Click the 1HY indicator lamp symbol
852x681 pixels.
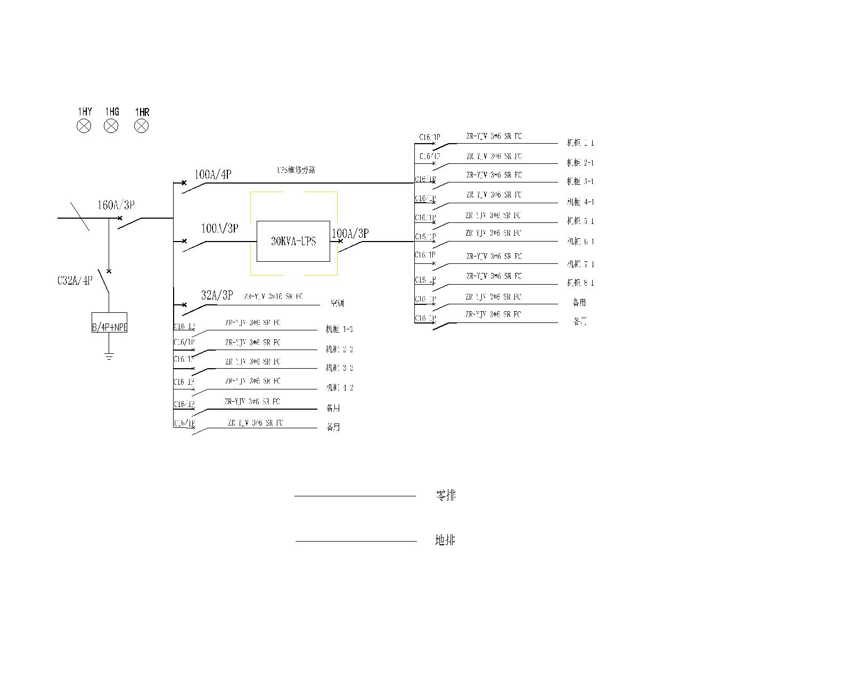[x=84, y=126]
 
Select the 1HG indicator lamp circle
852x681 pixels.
[x=111, y=126]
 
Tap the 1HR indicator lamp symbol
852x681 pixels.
[x=141, y=126]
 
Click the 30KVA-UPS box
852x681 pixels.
[x=293, y=241]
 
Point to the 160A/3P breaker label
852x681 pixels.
[x=116, y=205]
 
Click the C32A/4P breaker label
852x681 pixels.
[x=75, y=280]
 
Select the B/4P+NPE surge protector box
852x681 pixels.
[x=109, y=322]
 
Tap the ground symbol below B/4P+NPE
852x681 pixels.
[x=109, y=356]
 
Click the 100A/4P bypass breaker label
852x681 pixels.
[x=212, y=174]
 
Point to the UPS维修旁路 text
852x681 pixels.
[x=296, y=170]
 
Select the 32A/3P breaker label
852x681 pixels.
[x=217, y=295]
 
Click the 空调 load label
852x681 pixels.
[x=337, y=303]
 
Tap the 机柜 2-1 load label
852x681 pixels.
[x=580, y=163]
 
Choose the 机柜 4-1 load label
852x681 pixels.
[x=580, y=202]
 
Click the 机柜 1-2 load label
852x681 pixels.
[x=339, y=330]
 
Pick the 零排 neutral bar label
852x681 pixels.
[x=446, y=496]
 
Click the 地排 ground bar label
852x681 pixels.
[x=445, y=541]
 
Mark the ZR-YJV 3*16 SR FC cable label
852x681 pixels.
[x=273, y=296]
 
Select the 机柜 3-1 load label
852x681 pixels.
[x=580, y=182]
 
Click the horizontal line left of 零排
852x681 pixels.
[x=355, y=496]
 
